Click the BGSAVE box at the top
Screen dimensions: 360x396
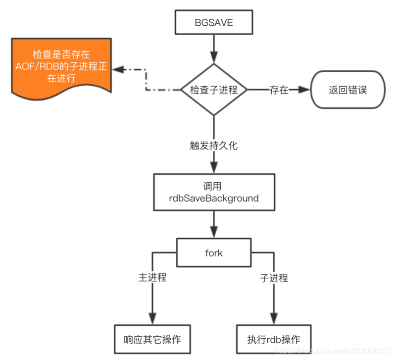(x=214, y=23)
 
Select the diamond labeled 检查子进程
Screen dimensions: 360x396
(x=214, y=90)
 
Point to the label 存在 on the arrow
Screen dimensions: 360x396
(x=279, y=90)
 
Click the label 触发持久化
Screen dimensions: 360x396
(x=214, y=145)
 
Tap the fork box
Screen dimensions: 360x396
(x=214, y=253)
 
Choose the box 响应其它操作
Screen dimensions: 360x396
(x=152, y=340)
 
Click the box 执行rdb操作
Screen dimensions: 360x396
(x=274, y=340)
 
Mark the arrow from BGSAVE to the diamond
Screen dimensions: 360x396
(x=214, y=50)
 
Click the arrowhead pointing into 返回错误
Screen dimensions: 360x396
(x=303, y=90)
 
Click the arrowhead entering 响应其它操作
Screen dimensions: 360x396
(x=152, y=318)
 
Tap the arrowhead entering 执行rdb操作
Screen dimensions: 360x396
(x=274, y=318)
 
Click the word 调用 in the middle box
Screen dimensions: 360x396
(x=214, y=187)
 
